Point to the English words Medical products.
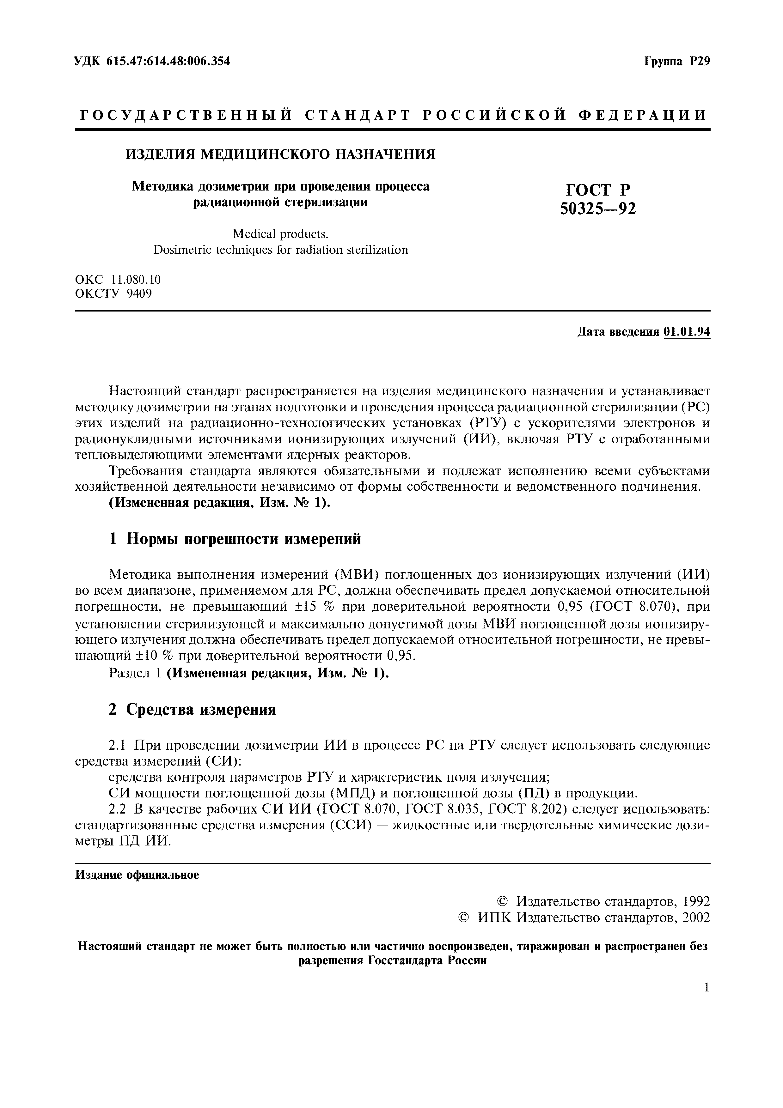[x=280, y=234]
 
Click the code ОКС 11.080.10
[x=118, y=279]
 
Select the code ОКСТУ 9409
[x=113, y=293]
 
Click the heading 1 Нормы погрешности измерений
[x=235, y=539]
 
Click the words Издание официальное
[x=137, y=875]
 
